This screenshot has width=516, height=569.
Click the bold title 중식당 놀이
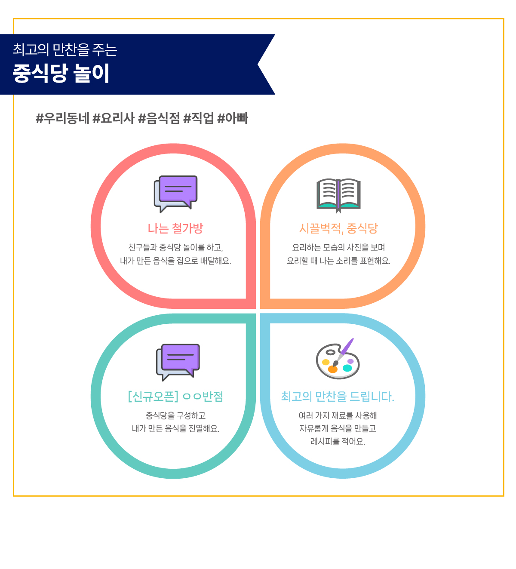[61, 73]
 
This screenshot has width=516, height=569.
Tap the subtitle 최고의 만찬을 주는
[64, 49]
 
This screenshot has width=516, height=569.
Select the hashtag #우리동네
[62, 118]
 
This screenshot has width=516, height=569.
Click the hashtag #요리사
[114, 118]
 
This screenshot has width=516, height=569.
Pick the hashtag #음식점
[159, 118]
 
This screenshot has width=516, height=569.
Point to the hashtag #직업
[198, 118]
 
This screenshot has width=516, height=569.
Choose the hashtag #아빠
[232, 118]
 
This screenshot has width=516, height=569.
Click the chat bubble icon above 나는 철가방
[175, 194]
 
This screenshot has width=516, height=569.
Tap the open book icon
[338, 195]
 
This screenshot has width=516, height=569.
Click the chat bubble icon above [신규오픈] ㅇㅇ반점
[178, 362]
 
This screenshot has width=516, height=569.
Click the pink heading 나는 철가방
[175, 228]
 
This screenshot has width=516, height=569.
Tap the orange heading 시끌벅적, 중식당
[338, 228]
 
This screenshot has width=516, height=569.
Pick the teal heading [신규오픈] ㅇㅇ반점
[175, 397]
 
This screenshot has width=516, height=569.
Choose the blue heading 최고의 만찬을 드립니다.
[338, 397]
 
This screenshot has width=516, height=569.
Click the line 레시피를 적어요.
[338, 441]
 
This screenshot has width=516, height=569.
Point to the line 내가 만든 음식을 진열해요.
[175, 428]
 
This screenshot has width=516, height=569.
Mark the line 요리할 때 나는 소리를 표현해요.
[338, 260]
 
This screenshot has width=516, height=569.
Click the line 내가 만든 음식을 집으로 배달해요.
[175, 260]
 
